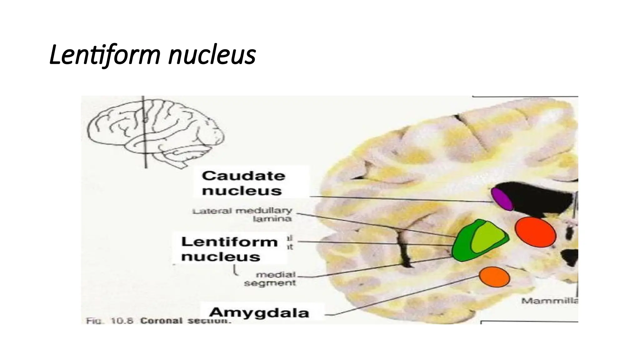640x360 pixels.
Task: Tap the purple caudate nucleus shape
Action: tap(502, 199)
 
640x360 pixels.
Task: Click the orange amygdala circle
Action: tap(494, 277)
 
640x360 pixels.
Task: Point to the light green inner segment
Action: tap(486, 238)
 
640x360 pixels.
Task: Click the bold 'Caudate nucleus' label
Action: tap(243, 183)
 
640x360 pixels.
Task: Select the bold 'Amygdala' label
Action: tap(259, 312)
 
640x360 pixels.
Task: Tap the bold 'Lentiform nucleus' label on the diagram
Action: tap(229, 249)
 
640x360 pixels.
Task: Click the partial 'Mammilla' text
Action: tap(549, 301)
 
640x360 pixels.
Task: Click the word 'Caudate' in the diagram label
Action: tap(243, 176)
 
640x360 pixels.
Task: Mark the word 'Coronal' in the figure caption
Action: tap(161, 321)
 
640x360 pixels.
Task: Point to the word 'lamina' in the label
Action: tap(272, 219)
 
